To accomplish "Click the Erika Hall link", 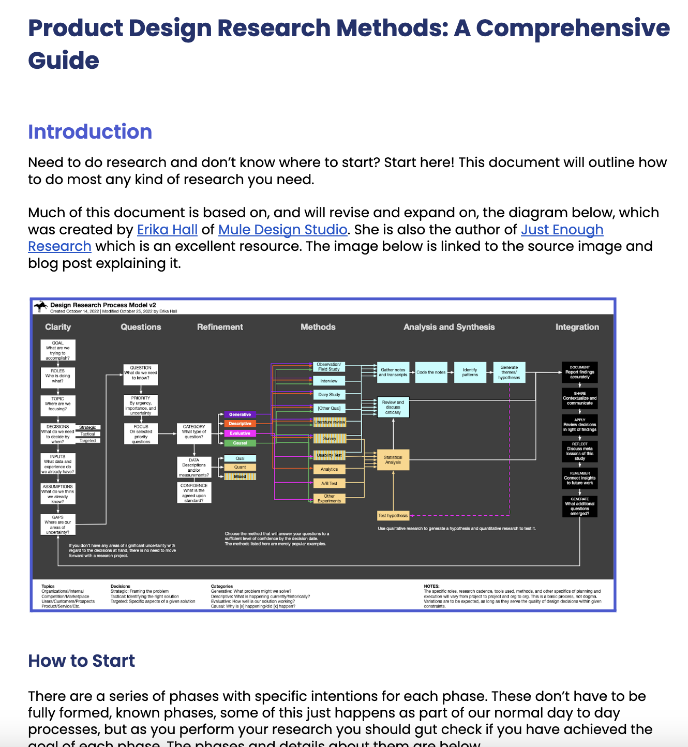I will (167, 230).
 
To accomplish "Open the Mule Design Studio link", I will (282, 230).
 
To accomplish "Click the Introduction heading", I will (90, 132).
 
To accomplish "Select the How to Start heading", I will (81, 661).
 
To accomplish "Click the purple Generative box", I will (240, 414).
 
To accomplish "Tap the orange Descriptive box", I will (240, 424).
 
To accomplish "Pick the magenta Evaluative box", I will (240, 434).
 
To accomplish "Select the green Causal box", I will (240, 443).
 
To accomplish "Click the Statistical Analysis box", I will (393, 459).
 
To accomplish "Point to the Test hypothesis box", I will (393, 515).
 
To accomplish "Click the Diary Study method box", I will (329, 395).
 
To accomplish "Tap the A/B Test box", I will (329, 483).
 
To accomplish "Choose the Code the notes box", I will (431, 372).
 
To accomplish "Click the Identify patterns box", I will (470, 372).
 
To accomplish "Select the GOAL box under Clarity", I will (58, 350).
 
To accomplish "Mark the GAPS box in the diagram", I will (58, 525).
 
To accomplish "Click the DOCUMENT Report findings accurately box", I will (579, 372).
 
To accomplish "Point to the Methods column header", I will (318, 327).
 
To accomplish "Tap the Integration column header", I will (577, 327).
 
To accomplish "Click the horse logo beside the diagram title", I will (40, 307).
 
